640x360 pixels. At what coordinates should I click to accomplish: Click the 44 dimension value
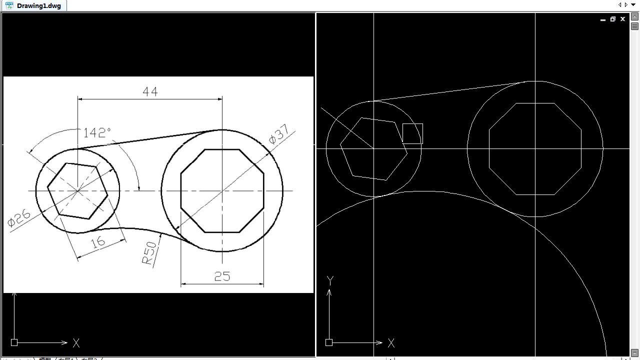[x=150, y=91]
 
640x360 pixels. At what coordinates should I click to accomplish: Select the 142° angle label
[x=96, y=132]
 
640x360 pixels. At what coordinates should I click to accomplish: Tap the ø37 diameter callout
[x=279, y=134]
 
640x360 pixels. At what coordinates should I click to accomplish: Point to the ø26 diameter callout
[x=19, y=218]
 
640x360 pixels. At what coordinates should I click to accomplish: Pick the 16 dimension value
[x=98, y=242]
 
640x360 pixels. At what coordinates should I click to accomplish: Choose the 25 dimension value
[x=222, y=276]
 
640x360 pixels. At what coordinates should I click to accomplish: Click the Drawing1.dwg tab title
[x=39, y=5]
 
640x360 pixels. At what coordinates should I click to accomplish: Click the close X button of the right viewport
[x=622, y=19]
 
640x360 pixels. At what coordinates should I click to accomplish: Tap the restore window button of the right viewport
[x=612, y=19]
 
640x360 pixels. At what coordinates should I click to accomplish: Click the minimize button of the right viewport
[x=603, y=19]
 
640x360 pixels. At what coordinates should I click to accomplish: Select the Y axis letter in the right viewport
[x=330, y=280]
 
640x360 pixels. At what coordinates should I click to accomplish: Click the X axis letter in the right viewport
[x=391, y=343]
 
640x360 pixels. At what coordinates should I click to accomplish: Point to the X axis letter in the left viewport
[x=76, y=343]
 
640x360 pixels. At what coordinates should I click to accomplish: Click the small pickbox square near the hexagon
[x=412, y=133]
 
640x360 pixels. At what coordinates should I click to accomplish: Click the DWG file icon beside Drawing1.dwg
[x=9, y=5]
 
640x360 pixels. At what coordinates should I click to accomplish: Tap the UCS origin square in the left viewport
[x=14, y=342]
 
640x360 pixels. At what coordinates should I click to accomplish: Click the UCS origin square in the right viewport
[x=329, y=342]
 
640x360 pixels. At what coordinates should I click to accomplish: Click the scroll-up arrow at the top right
[x=635, y=16]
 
